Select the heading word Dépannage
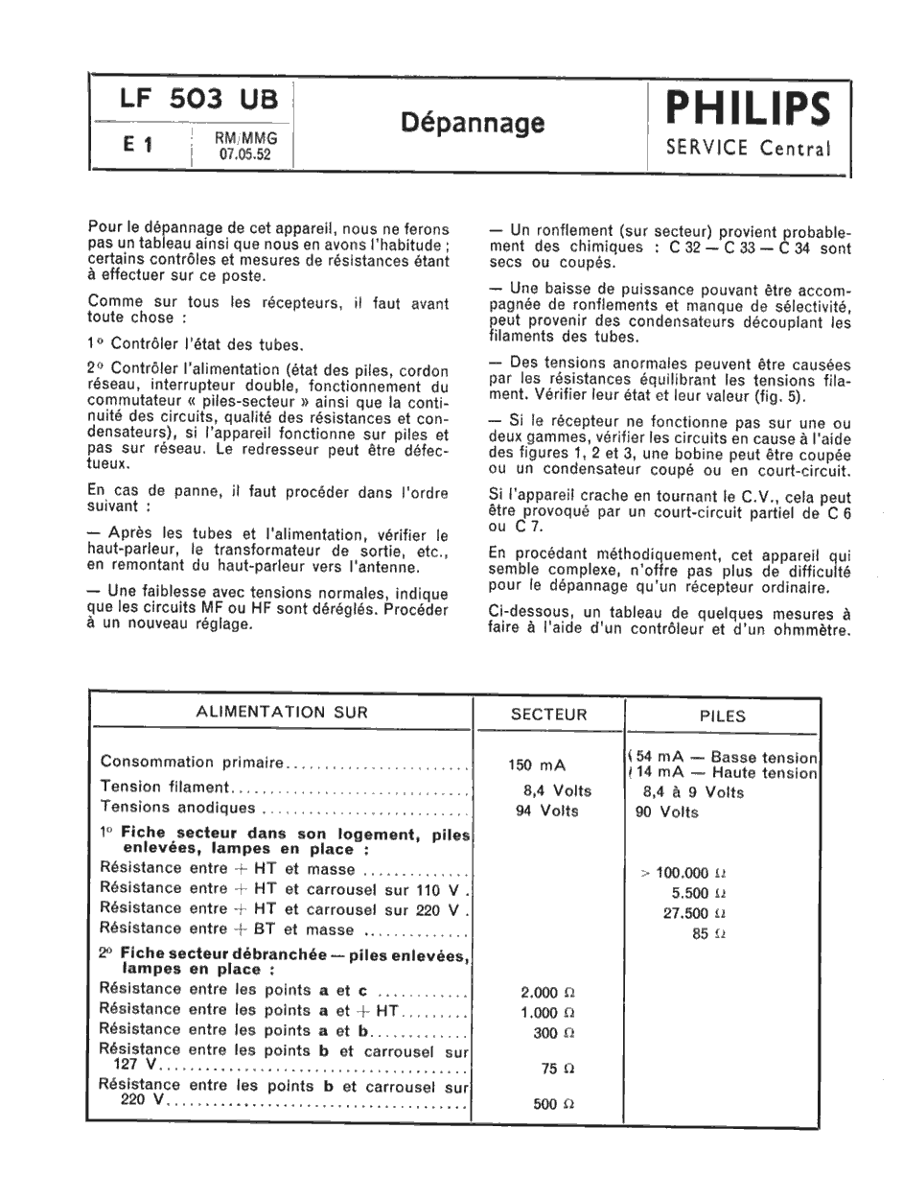point(473,123)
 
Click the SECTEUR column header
point(549,714)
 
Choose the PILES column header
point(723,715)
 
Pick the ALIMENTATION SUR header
point(281,712)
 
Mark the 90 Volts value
point(667,812)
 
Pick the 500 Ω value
point(553,1104)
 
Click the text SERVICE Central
point(748,150)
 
